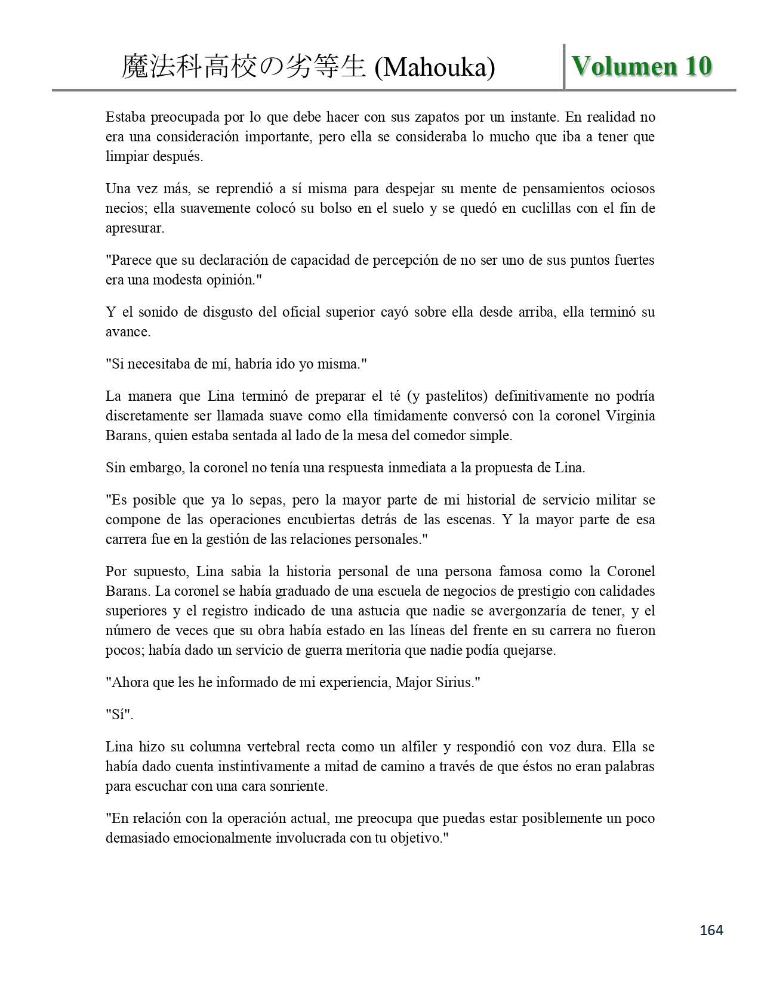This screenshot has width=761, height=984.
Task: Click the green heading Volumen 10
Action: (642, 66)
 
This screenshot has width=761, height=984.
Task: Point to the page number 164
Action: (711, 930)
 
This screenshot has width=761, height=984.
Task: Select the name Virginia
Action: (631, 416)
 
